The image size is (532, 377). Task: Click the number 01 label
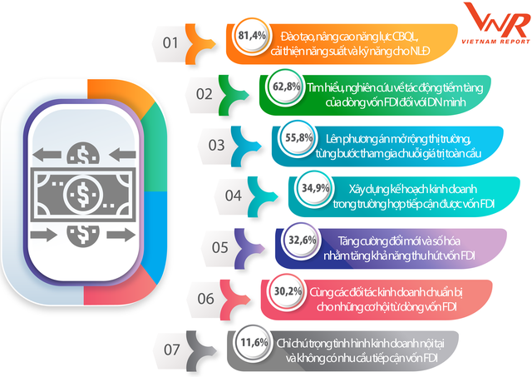(170, 41)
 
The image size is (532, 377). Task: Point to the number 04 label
(233, 195)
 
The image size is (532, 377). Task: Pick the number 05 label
(220, 246)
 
